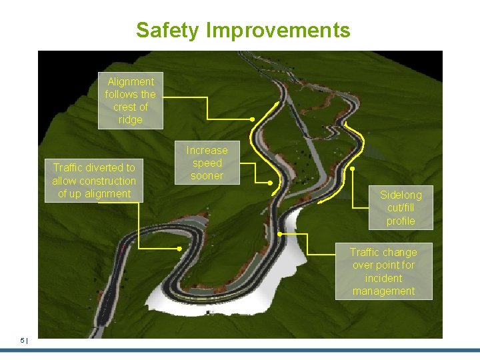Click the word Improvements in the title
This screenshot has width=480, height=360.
click(279, 30)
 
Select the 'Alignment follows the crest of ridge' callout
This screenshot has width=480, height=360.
click(130, 100)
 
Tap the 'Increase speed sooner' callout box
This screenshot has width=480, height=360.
click(207, 163)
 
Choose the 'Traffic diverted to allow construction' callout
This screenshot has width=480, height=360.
click(94, 181)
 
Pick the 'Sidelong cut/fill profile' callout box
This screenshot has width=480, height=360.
click(401, 207)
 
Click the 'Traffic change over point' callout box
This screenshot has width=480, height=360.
click(383, 271)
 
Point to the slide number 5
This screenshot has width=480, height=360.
click(22, 341)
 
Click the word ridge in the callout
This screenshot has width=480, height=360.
click(130, 120)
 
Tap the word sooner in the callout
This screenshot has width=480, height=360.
click(207, 176)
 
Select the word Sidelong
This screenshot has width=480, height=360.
click(401, 195)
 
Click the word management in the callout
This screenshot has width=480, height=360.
click(383, 291)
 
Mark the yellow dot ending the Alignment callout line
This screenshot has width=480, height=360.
click(253, 119)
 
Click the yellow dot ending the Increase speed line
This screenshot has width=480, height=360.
click(270, 182)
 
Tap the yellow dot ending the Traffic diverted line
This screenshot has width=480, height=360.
click(180, 249)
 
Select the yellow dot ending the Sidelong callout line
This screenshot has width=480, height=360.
click(352, 169)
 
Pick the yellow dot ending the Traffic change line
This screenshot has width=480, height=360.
click(279, 234)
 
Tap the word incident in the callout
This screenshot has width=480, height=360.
click(383, 278)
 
